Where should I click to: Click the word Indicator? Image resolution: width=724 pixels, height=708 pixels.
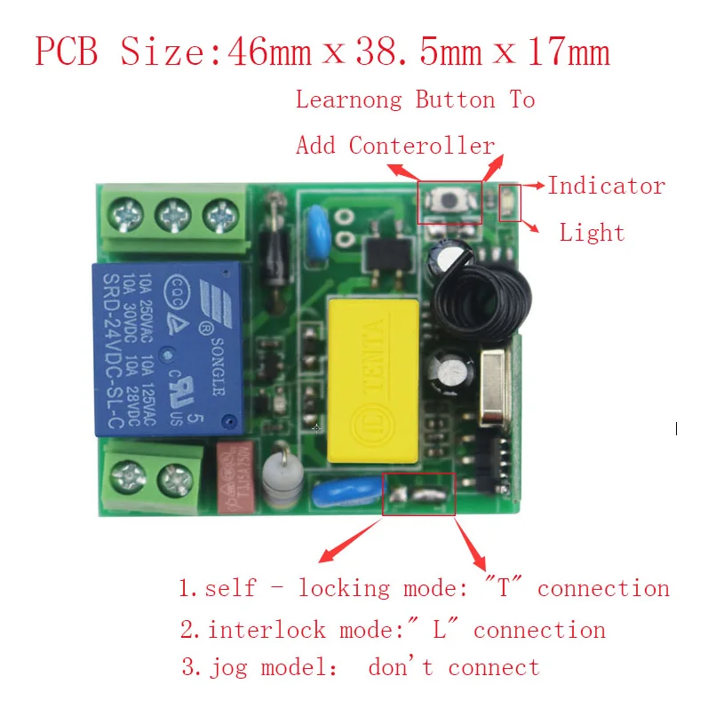(606, 186)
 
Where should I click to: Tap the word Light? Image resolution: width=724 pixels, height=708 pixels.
(592, 233)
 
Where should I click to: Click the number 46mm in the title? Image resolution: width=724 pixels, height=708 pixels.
(270, 52)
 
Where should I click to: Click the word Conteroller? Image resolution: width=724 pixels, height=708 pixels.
(422, 145)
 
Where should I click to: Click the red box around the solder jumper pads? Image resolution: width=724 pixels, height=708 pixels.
(418, 494)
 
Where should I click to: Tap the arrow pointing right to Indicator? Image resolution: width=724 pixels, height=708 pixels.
(534, 185)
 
